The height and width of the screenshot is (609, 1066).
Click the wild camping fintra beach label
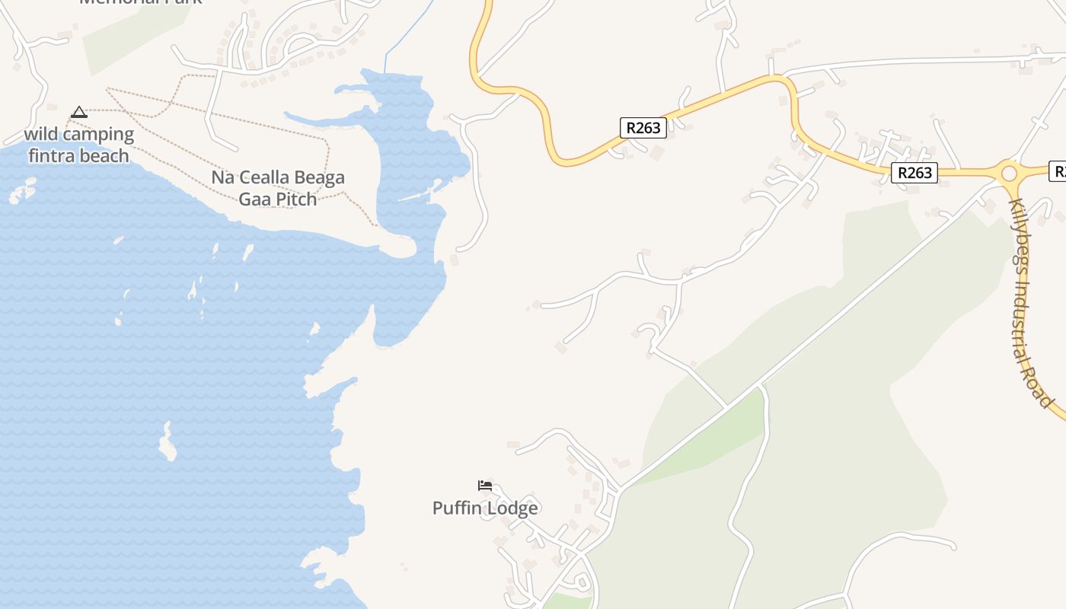(78, 145)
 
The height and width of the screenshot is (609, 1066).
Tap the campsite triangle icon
(78, 113)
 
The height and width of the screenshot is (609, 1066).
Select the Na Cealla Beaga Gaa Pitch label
(278, 188)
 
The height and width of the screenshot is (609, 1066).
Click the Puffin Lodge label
(485, 508)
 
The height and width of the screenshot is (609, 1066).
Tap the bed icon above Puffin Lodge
(485, 486)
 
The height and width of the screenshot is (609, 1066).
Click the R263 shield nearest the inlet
(643, 128)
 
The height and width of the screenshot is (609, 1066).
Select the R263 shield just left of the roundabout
(914, 173)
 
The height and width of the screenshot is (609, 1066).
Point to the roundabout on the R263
(1010, 174)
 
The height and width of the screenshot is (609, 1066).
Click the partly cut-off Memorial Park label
(141, 2)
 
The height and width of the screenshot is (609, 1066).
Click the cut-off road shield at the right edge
(1058, 171)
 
